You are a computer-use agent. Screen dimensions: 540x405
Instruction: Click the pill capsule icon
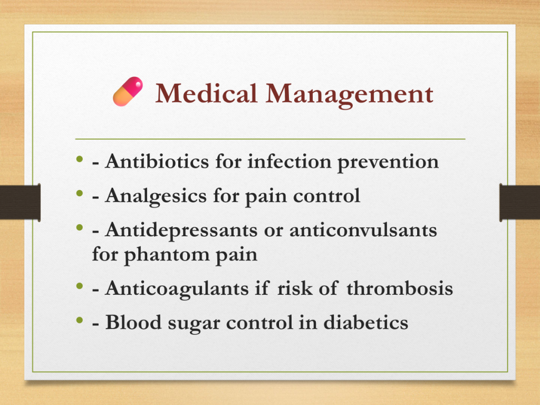(x=128, y=91)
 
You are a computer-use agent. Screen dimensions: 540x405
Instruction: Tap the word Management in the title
(x=350, y=95)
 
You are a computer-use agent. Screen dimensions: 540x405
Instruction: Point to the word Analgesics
(x=156, y=196)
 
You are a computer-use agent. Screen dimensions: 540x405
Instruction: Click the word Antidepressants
(x=181, y=230)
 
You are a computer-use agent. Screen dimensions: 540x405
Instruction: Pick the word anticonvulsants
(x=363, y=230)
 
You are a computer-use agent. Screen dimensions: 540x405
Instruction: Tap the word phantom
(x=167, y=255)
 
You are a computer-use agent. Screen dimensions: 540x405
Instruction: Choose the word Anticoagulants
(x=177, y=288)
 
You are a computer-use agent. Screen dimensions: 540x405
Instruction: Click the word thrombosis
(x=400, y=288)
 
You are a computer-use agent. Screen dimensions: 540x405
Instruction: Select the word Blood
(x=133, y=322)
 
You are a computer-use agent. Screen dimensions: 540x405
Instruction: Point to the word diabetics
(x=366, y=322)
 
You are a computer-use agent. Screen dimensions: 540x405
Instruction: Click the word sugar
(x=194, y=324)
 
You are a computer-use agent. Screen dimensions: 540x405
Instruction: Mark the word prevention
(x=388, y=162)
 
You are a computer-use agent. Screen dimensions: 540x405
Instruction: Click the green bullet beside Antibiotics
(x=80, y=159)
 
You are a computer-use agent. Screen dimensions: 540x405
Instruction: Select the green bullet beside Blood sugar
(x=80, y=320)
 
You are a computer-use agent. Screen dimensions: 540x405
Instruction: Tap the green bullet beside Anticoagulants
(x=80, y=286)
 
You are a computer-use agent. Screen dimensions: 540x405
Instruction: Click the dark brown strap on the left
(x=21, y=202)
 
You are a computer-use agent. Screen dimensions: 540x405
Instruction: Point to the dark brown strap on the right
(x=519, y=202)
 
